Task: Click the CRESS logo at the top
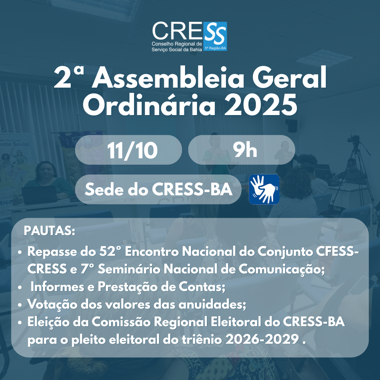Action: tap(189, 36)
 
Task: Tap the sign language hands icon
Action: tap(264, 189)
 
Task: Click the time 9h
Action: tap(245, 150)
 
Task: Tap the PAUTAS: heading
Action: tap(50, 231)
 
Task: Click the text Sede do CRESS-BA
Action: tap(158, 189)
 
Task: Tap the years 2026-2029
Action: tap(262, 340)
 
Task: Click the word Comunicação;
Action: tap(281, 270)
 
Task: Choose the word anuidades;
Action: tap(212, 305)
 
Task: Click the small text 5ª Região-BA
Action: tap(215, 48)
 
